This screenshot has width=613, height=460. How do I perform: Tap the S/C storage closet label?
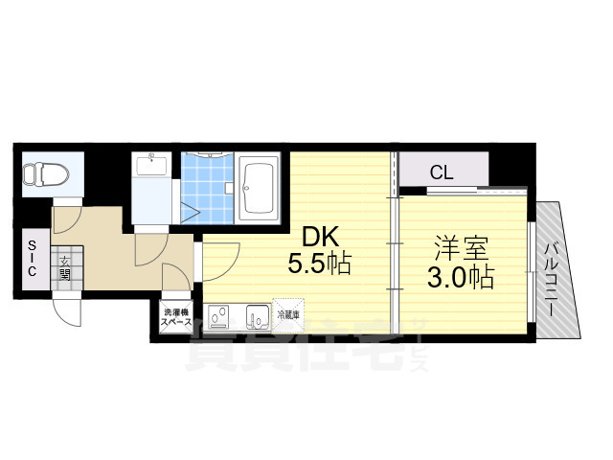click(31, 258)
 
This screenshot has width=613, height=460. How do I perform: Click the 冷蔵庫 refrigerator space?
click(287, 315)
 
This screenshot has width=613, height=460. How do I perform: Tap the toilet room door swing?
click(69, 213)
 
